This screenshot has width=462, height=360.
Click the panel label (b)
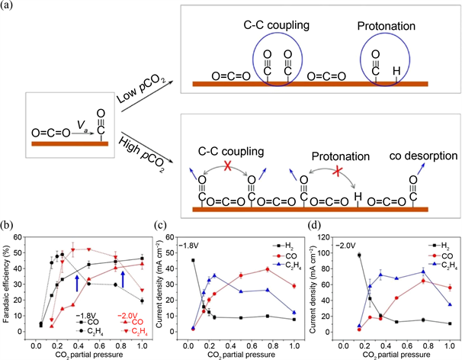[9, 226]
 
